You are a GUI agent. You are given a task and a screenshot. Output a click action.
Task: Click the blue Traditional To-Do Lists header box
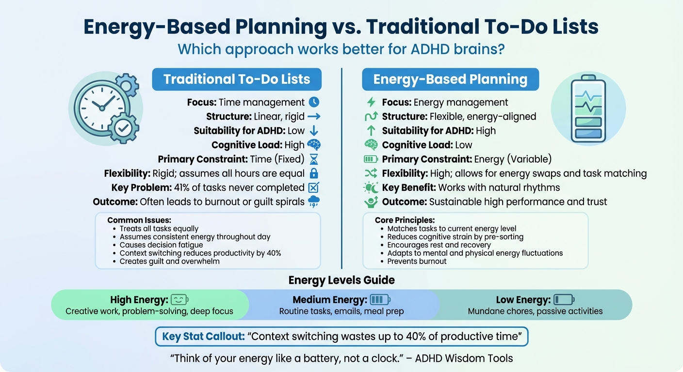coord(237,79)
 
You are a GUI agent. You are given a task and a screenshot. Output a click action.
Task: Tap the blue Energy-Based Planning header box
coord(450,79)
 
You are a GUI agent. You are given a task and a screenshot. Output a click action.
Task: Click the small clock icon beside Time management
coord(314,102)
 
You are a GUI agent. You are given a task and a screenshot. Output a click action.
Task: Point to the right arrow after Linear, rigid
coord(314,116)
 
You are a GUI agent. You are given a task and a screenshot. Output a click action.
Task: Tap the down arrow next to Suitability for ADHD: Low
coord(314,130)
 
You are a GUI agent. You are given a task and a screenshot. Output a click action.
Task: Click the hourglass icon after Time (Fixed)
coord(314,159)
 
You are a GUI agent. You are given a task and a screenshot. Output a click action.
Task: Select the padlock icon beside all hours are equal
coord(314,173)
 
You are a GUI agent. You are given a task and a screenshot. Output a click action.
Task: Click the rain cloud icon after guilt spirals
coord(314,201)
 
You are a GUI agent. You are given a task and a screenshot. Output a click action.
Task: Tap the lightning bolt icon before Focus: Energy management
coord(371,102)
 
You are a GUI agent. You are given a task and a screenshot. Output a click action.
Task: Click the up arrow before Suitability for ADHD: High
coord(371,130)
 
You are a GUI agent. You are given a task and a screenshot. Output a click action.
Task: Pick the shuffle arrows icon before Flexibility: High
coord(371,173)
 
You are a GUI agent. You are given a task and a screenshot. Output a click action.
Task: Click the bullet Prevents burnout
coord(417,261)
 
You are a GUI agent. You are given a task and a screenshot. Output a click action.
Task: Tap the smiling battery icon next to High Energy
coord(179,299)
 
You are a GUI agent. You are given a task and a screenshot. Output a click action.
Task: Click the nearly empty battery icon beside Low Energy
coord(564,299)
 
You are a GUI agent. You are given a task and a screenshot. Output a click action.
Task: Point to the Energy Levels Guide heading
coord(341,280)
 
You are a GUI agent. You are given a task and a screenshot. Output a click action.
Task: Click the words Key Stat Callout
coord(203,337)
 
